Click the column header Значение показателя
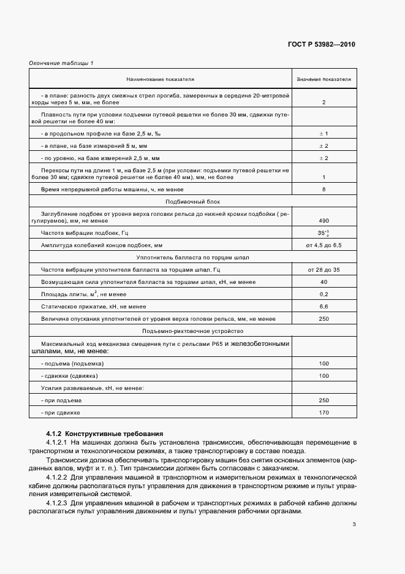(324, 80)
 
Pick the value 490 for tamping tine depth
(324, 220)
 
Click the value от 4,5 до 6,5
(324, 245)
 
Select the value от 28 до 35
(324, 270)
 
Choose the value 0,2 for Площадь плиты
(324, 294)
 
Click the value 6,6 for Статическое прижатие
(324, 306)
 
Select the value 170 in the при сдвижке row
(324, 412)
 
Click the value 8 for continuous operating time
(324, 189)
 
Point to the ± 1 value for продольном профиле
(324, 133)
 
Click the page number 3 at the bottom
(354, 541)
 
